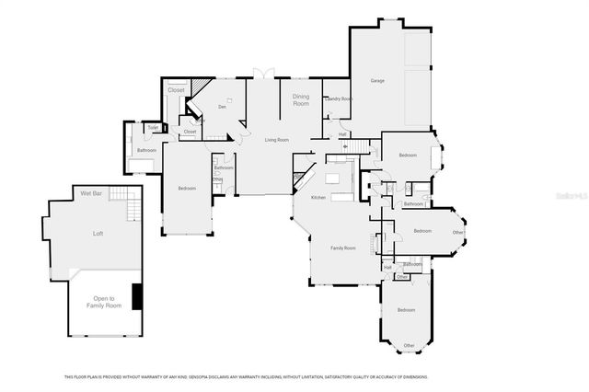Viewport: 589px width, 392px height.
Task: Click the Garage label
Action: click(x=377, y=82)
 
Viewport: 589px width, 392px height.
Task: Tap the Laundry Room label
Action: click(x=339, y=98)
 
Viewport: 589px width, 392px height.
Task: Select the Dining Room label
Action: click(x=301, y=99)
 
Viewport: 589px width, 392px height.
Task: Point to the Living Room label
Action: click(x=277, y=140)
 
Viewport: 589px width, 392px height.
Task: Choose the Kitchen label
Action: click(x=318, y=198)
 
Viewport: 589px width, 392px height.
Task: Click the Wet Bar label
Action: click(x=90, y=193)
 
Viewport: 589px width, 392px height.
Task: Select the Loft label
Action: click(x=98, y=234)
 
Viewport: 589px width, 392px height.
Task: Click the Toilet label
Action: click(x=141, y=127)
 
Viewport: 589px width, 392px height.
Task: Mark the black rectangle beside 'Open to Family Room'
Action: click(x=137, y=297)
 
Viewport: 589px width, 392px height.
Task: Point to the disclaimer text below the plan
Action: click(x=245, y=376)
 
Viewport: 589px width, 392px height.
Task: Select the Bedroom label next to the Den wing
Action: click(x=187, y=189)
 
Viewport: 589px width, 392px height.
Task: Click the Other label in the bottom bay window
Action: click(x=410, y=345)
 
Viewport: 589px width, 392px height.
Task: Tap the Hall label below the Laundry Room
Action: click(x=341, y=134)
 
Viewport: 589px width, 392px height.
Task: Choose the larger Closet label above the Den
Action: click(x=176, y=90)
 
